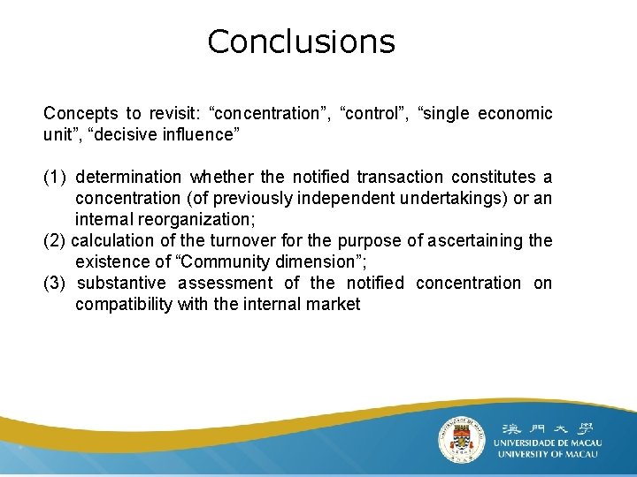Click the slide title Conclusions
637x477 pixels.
(x=301, y=42)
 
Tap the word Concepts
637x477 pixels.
(x=80, y=113)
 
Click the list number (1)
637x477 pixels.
(x=55, y=177)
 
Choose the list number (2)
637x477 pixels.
(x=55, y=240)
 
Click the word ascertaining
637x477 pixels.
(x=477, y=240)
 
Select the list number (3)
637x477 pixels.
(x=55, y=283)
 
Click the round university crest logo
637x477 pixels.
(x=462, y=438)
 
